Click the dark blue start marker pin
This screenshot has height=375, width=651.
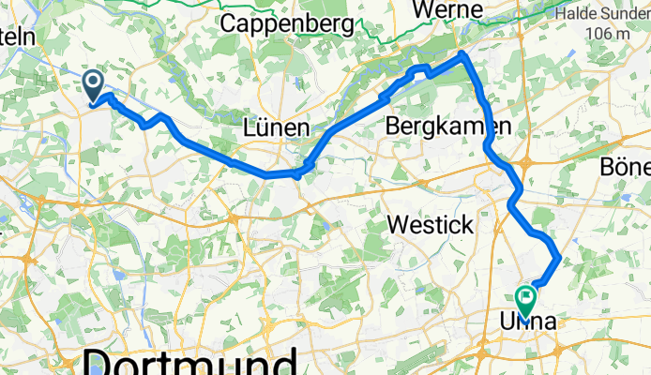tap(95, 85)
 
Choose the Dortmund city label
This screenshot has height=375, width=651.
tap(192, 361)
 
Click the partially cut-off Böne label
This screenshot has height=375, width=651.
tap(628, 165)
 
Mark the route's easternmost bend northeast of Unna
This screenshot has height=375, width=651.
tap(559, 256)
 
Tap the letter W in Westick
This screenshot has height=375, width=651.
tap(399, 225)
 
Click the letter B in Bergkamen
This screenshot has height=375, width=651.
tap(394, 126)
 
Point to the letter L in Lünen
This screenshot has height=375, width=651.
tap(250, 127)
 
